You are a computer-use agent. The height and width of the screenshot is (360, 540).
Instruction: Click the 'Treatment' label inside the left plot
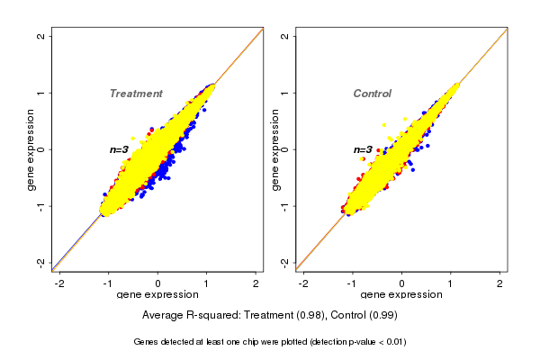pos(136,94)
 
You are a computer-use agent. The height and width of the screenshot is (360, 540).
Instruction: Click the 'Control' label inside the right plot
pos(372,94)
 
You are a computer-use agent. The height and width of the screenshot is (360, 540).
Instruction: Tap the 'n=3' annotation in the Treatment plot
pos(120,149)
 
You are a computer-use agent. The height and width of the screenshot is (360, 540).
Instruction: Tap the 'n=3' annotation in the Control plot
pos(363,149)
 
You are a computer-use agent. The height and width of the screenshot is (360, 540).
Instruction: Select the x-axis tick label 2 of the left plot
pos(256,283)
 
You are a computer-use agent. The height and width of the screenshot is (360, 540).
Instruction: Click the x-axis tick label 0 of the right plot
pos(401,283)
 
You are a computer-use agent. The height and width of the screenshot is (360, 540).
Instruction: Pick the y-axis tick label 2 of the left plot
pos(41,36)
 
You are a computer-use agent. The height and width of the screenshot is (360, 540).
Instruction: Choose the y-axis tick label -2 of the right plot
pos(284,262)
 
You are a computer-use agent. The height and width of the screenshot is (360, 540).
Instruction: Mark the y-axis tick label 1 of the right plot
pos(284,93)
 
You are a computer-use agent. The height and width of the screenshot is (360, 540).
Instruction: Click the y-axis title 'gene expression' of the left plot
pos(31,149)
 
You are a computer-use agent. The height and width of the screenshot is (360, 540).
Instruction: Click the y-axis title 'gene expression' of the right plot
pos(274,149)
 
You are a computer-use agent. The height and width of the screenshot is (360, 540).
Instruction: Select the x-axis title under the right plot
pos(401,295)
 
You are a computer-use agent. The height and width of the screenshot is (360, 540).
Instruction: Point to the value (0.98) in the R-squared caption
pos(308,315)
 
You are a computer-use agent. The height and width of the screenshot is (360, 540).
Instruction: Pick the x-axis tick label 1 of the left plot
pos(207,283)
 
